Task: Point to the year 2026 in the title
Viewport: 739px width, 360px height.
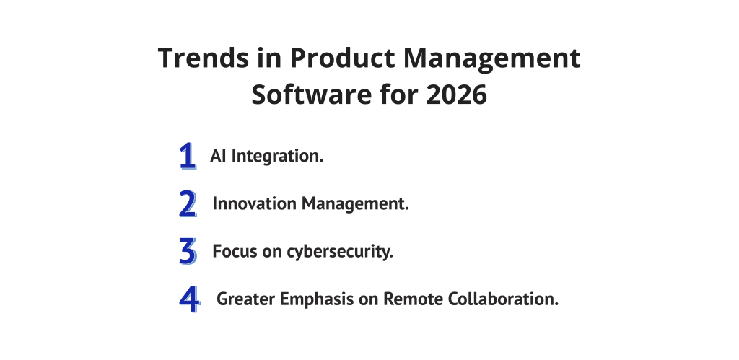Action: point(456,95)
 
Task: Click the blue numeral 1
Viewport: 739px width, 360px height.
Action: point(187,156)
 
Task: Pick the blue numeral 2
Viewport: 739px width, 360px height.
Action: point(188,203)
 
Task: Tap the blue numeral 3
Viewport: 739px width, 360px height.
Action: point(188,251)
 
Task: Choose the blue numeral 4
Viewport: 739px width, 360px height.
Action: point(190,299)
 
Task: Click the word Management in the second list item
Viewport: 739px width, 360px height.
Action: point(355,204)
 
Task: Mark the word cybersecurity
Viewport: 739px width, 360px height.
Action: point(340,252)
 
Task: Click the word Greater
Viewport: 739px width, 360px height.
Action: point(245,299)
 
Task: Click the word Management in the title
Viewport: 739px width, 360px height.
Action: point(491,59)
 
